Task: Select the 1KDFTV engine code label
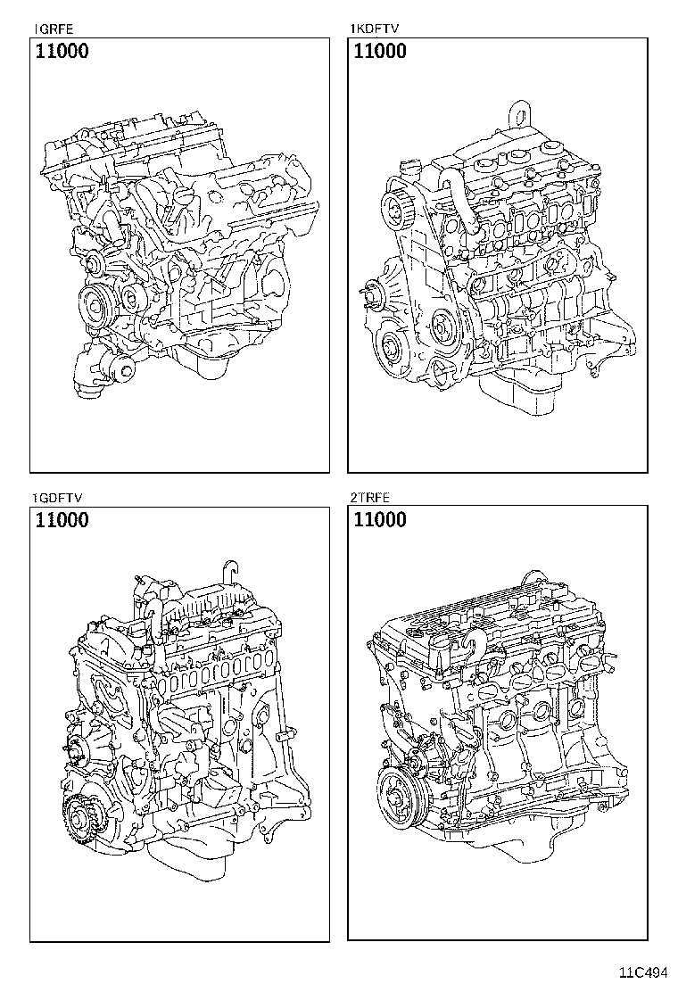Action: tap(373, 29)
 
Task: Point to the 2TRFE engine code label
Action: tap(371, 497)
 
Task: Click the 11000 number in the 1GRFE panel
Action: tap(62, 52)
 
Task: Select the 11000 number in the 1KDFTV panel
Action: tap(380, 52)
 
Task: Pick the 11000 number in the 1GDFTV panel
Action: tap(62, 520)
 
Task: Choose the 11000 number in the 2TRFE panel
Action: tap(380, 520)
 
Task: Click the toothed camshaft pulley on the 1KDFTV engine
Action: tap(397, 212)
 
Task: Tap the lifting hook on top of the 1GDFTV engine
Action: tap(229, 569)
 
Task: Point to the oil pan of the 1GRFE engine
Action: tap(201, 361)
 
